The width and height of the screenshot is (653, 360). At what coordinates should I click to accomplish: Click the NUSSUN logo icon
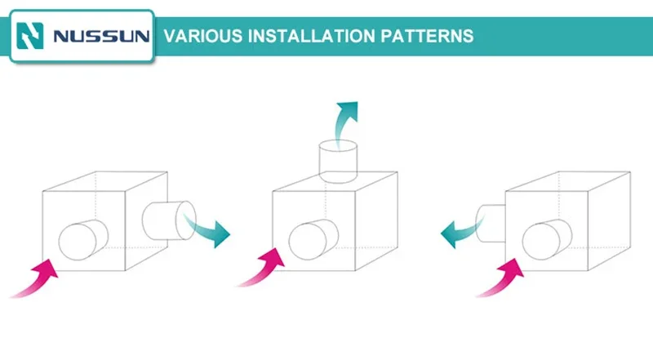point(30,36)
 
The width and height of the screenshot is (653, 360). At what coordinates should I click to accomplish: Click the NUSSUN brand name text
point(101,36)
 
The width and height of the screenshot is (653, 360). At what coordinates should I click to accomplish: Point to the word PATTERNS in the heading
point(427,36)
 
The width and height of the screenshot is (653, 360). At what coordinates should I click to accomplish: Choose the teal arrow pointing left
point(460,233)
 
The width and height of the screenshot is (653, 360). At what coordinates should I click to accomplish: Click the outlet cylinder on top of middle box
point(338,162)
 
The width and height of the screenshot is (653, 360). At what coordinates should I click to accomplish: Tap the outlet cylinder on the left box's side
point(169,220)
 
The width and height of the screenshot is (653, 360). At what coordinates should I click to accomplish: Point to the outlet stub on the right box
point(491,224)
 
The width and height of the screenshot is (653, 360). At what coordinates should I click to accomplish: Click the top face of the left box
point(105,181)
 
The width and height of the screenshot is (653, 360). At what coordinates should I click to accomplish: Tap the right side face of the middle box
point(376,221)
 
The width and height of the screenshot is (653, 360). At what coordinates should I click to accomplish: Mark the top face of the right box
point(568,181)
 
